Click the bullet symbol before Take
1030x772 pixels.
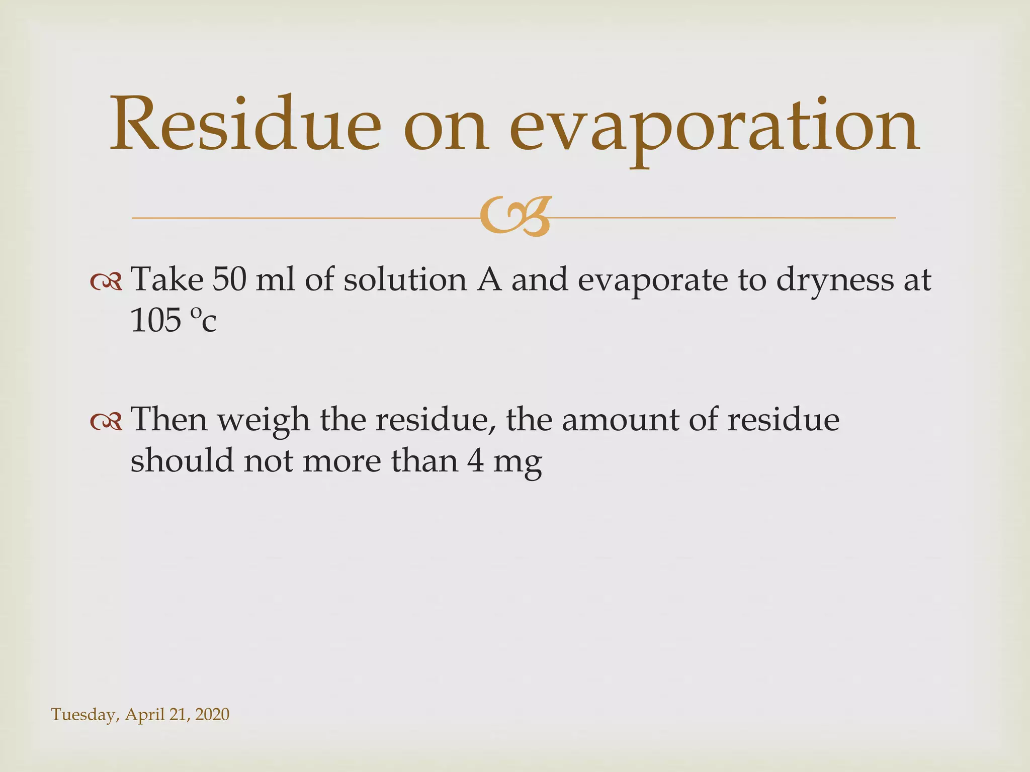(x=106, y=282)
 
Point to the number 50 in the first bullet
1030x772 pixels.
(x=229, y=279)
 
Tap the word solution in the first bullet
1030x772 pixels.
(x=405, y=279)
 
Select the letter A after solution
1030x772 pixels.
(x=489, y=279)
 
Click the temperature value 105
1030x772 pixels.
(x=155, y=321)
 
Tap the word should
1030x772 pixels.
(x=182, y=460)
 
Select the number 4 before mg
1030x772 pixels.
(x=475, y=460)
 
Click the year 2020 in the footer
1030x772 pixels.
(x=212, y=714)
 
